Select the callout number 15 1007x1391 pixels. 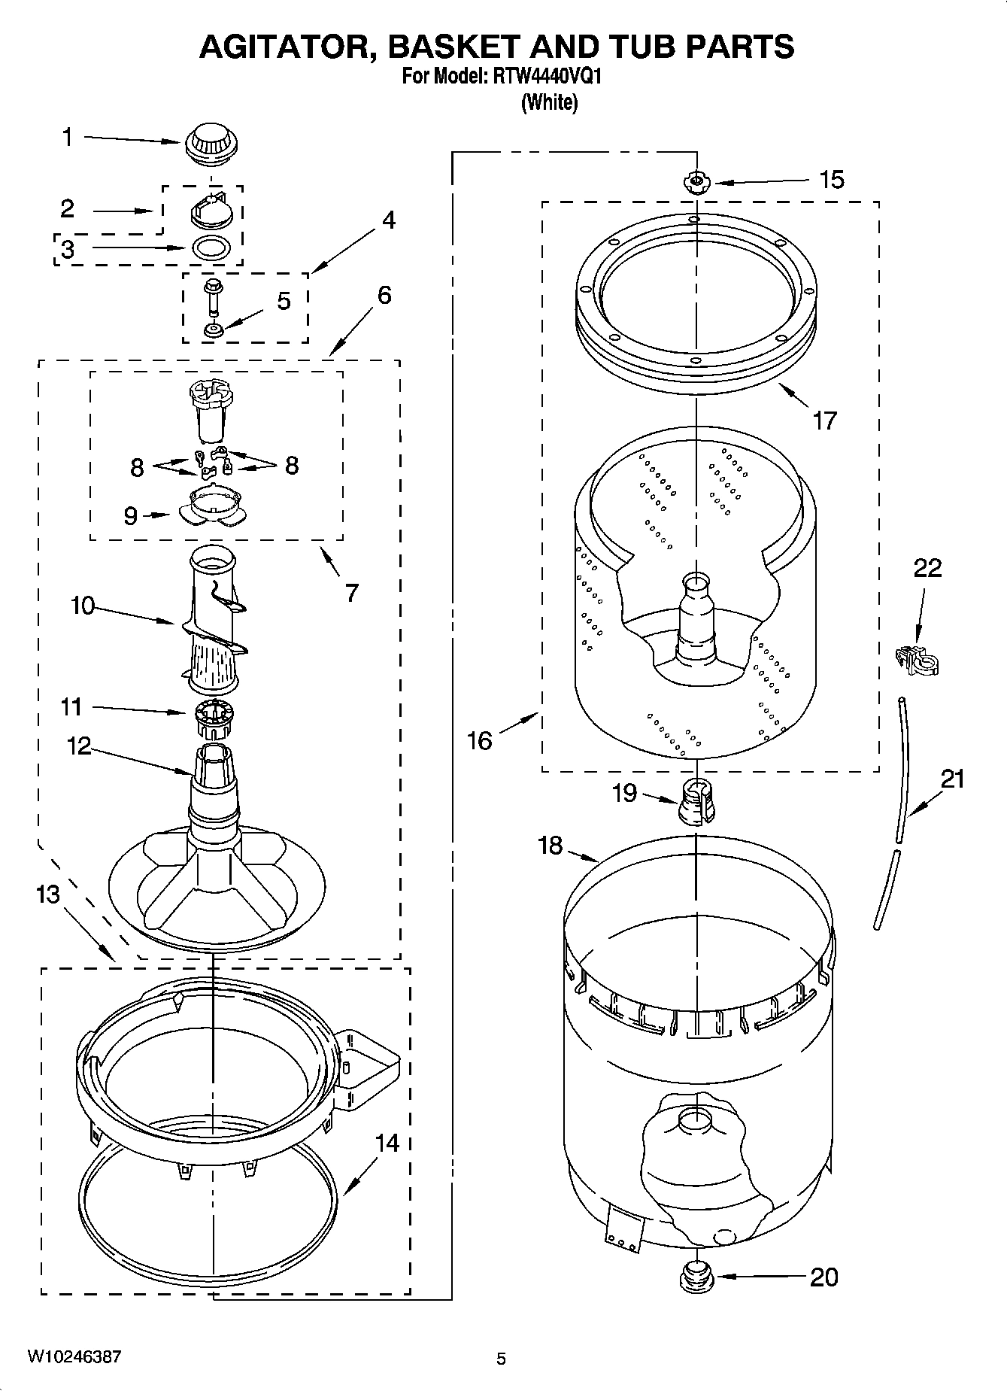coord(831,180)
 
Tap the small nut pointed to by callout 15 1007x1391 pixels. coord(696,181)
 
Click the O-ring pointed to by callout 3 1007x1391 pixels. coord(212,248)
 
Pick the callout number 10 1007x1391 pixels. coord(83,605)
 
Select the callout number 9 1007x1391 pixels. coord(130,515)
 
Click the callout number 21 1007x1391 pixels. coord(952,779)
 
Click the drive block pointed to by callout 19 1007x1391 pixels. coord(696,802)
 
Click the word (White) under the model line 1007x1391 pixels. coord(549,102)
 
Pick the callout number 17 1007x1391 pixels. coord(824,420)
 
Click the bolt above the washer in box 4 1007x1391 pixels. coord(212,296)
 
